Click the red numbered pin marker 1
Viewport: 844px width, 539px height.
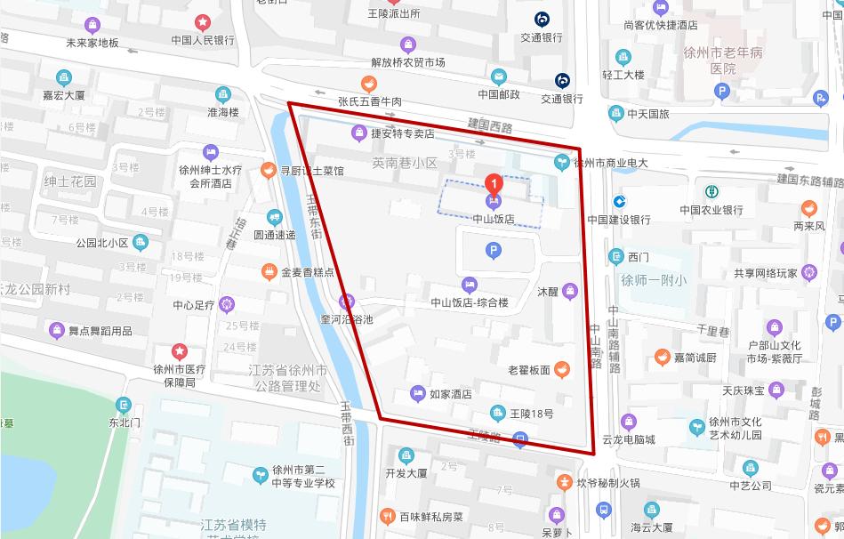click(494, 184)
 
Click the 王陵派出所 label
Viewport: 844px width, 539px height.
click(394, 13)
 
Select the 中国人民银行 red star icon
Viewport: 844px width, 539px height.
click(203, 21)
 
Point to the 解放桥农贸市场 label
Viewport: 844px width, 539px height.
click(408, 62)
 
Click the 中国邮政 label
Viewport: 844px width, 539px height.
click(499, 94)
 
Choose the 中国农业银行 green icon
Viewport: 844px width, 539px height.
click(711, 191)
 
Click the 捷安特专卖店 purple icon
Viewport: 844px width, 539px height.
click(357, 133)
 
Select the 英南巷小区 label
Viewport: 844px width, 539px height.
click(405, 164)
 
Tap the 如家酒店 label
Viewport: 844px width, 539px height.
click(450, 394)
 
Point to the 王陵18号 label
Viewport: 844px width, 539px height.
click(532, 413)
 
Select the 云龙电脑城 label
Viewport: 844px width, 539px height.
click(629, 439)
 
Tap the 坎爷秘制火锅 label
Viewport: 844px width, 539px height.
click(608, 483)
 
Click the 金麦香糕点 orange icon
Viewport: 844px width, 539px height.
click(269, 271)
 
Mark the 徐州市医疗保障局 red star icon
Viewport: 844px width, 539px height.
click(180, 351)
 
